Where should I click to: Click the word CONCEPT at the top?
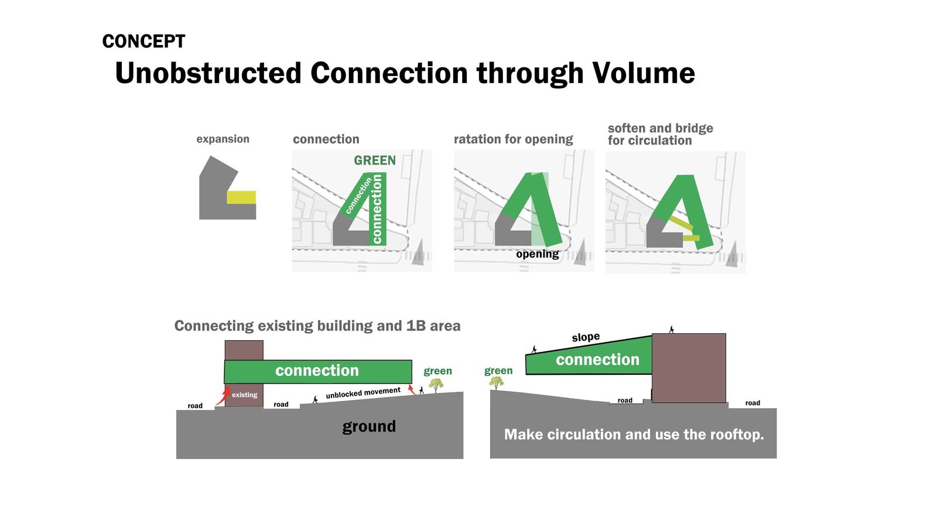pyautogui.click(x=143, y=42)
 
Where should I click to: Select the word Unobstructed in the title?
pyautogui.click(x=208, y=73)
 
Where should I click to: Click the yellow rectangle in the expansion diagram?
pyautogui.click(x=241, y=197)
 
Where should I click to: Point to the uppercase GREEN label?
pyautogui.click(x=375, y=160)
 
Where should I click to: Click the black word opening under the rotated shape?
pyautogui.click(x=538, y=254)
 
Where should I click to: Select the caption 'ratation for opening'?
pyautogui.click(x=513, y=139)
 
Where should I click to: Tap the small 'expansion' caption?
pyautogui.click(x=223, y=139)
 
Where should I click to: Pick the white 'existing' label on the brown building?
pyautogui.click(x=245, y=395)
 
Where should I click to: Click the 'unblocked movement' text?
pyautogui.click(x=363, y=393)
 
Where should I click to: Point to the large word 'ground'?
pyautogui.click(x=369, y=427)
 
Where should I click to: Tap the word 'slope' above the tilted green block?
pyautogui.click(x=586, y=337)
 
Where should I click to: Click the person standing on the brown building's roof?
pyautogui.click(x=671, y=330)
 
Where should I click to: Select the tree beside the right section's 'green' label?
pyautogui.click(x=497, y=383)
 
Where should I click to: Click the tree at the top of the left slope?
pyautogui.click(x=436, y=385)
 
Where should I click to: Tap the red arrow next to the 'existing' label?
pyautogui.click(x=224, y=396)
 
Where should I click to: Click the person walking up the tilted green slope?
pyautogui.click(x=534, y=349)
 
